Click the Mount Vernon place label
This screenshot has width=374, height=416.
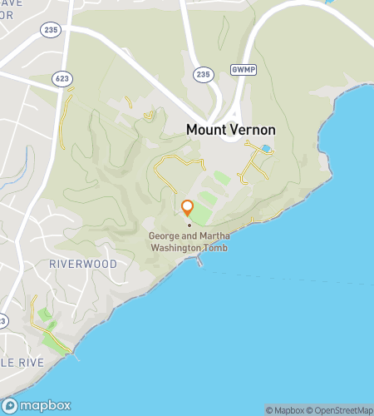point(230,130)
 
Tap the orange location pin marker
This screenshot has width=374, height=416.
point(188,208)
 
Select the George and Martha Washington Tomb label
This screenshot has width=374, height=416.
point(188,241)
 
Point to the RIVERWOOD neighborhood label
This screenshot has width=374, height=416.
point(83,263)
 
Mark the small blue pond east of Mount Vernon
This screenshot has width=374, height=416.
point(265,149)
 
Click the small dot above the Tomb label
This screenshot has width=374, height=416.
point(189,224)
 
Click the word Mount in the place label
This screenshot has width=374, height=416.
point(205,130)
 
